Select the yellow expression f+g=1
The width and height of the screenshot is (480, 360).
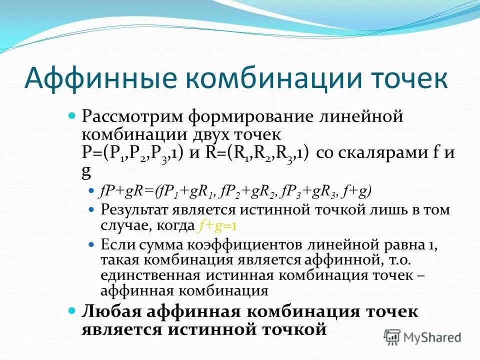coord(217,226)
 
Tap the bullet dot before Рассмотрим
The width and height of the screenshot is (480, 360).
coord(71,116)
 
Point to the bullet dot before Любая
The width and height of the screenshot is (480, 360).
coord(71,311)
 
